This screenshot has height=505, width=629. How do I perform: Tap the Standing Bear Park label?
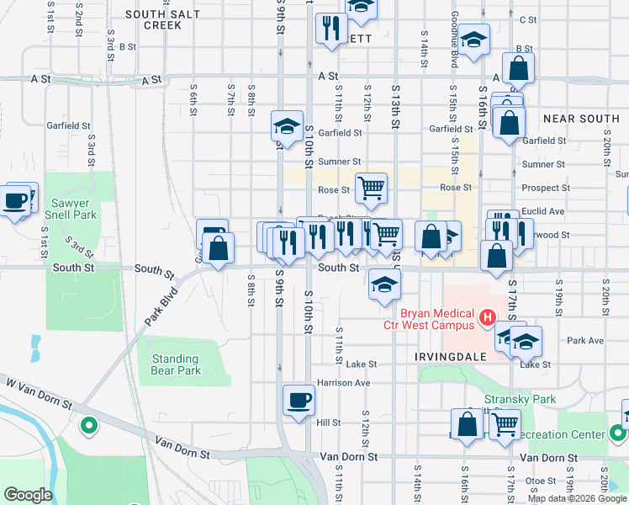pos(175,364)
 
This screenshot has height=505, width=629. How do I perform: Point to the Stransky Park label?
pos(509,399)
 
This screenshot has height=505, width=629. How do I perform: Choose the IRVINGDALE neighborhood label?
pos(451,357)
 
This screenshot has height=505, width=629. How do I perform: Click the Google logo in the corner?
pos(28,495)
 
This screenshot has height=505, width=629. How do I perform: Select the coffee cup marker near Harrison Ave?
pos(299,400)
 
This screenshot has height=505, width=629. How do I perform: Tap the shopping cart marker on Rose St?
pos(371,188)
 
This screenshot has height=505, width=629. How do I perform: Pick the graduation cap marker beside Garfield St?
pos(287,126)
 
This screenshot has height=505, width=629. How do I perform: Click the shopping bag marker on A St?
pos(518,68)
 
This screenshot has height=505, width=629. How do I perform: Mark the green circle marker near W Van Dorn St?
pos(87,426)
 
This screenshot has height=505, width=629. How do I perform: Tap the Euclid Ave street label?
pos(543,211)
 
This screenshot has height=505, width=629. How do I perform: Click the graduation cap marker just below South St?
pos(384,285)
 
